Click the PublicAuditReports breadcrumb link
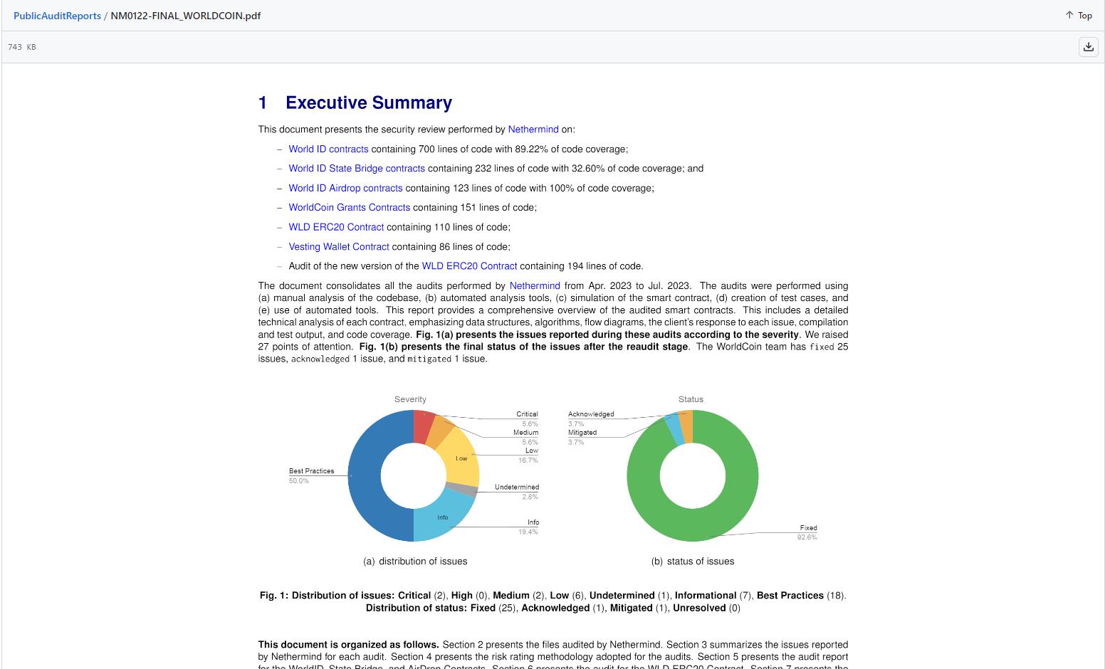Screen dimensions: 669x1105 click(x=57, y=16)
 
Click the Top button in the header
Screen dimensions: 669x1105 click(x=1079, y=16)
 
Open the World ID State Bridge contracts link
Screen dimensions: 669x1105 click(x=356, y=169)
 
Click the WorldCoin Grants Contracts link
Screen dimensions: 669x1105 click(x=349, y=208)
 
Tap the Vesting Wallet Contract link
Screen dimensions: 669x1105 click(x=339, y=247)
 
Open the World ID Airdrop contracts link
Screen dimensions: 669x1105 click(x=345, y=189)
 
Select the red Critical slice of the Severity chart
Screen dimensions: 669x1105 click(x=422, y=426)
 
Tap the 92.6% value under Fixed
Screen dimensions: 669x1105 click(x=807, y=537)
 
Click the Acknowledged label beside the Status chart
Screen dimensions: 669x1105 click(x=591, y=414)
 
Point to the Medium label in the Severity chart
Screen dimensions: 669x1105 click(x=525, y=433)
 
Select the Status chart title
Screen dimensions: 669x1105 click(x=691, y=399)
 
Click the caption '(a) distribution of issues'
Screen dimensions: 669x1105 click(x=415, y=562)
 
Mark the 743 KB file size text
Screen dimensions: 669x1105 click(x=21, y=47)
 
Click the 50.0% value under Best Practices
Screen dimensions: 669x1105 click(x=299, y=481)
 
